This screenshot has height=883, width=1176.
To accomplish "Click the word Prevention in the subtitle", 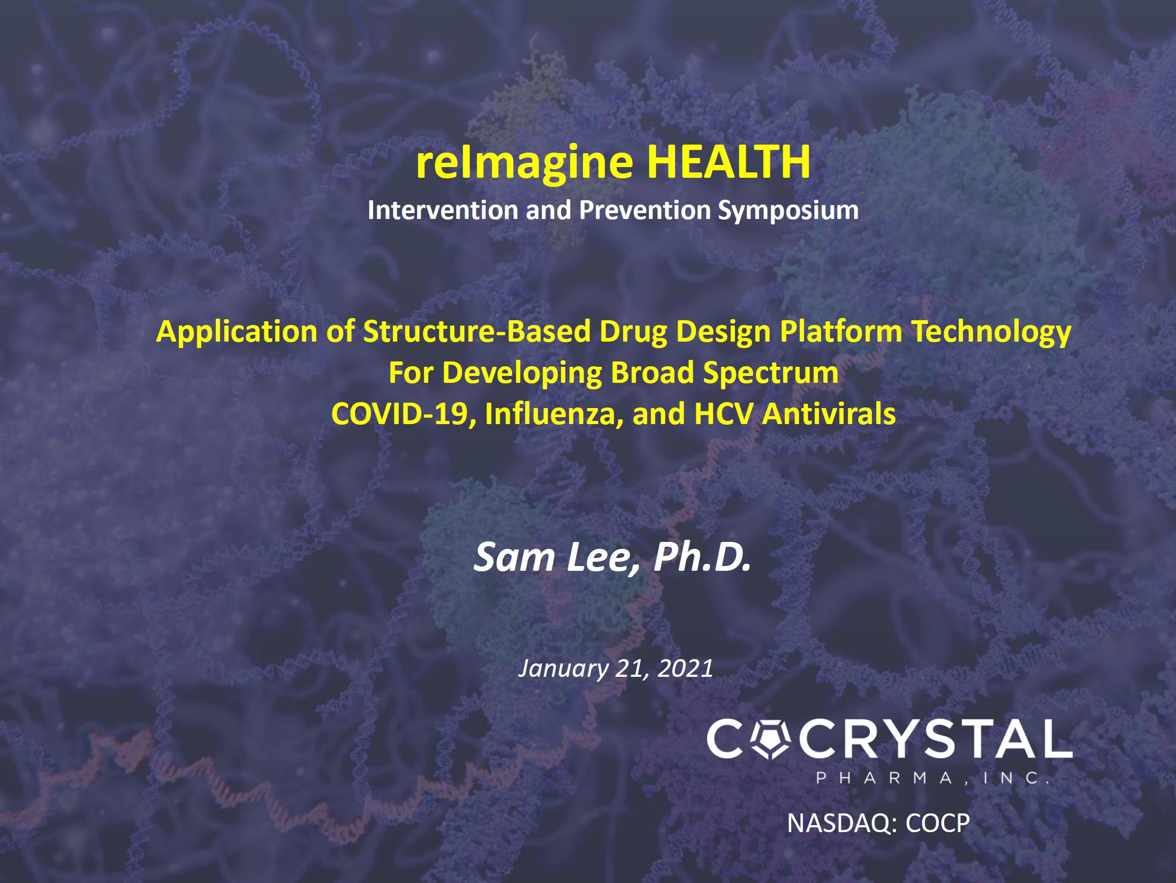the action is pos(644,210).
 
